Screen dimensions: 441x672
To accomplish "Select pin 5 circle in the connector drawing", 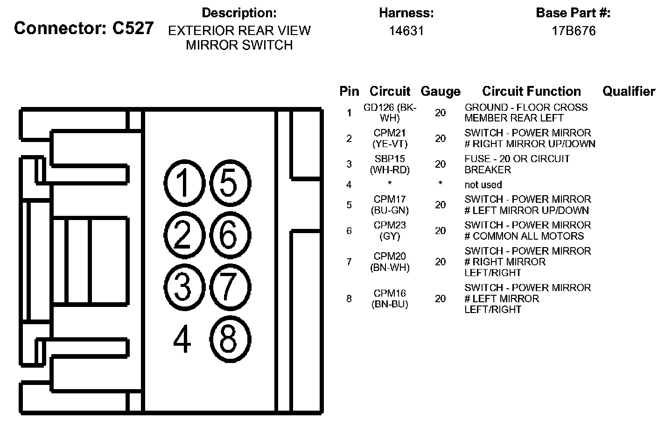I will click(x=230, y=183).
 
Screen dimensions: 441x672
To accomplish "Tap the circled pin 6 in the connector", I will click(x=230, y=235).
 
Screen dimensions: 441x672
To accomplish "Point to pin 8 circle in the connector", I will click(x=230, y=339).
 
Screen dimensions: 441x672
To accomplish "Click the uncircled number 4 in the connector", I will click(x=182, y=340).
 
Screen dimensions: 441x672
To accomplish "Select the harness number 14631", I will click(x=406, y=31).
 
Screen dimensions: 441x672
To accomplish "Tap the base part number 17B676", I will click(x=573, y=31).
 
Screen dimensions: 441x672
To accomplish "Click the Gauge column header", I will click(x=440, y=92).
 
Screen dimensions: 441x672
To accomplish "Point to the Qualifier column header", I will click(x=629, y=91).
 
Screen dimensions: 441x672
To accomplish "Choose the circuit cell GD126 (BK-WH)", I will click(x=390, y=113).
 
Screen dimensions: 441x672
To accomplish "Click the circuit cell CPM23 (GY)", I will click(x=390, y=231).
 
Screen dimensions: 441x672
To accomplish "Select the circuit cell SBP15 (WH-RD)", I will click(x=390, y=164).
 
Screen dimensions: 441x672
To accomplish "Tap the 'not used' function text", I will click(x=483, y=185).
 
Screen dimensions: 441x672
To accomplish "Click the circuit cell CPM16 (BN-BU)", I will click(x=390, y=299).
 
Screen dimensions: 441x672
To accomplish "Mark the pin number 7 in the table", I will click(x=349, y=262).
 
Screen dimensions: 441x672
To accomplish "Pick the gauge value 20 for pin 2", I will click(x=440, y=138).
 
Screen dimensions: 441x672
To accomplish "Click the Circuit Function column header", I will click(x=531, y=91).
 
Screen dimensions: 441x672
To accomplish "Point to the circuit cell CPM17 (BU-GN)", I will click(x=390, y=205).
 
